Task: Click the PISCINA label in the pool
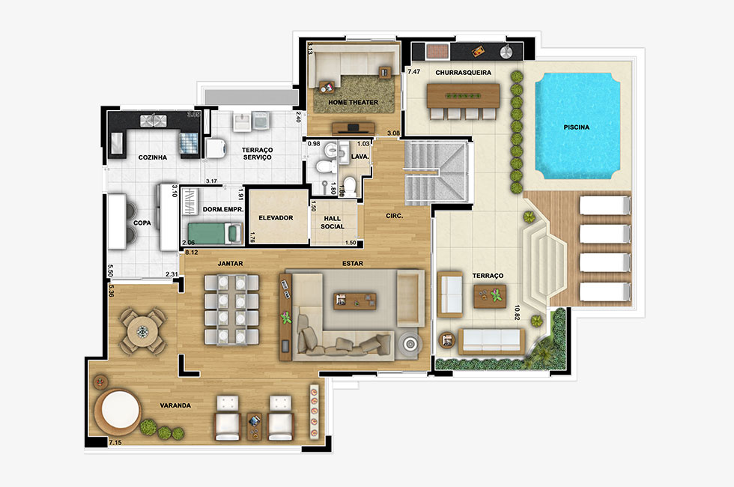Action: coord(576,127)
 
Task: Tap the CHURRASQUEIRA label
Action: coord(463,73)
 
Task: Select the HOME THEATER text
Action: coord(353,102)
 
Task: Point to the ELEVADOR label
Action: coord(276,218)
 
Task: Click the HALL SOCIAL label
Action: coord(333,223)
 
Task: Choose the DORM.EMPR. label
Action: coord(223,209)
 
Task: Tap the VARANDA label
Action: coord(175,405)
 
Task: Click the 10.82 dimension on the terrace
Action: coord(518,312)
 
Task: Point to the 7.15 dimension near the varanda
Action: coord(115,442)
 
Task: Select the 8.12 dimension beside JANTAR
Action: coord(192,252)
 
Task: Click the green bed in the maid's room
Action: coord(215,233)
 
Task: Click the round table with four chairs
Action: coord(142,331)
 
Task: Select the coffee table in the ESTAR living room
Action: coord(355,301)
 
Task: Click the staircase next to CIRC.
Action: coord(436,172)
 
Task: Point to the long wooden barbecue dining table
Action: coord(463,96)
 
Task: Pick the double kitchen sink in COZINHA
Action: coord(153,121)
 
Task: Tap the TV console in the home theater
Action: coord(353,128)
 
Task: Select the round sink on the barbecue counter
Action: coord(506,52)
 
